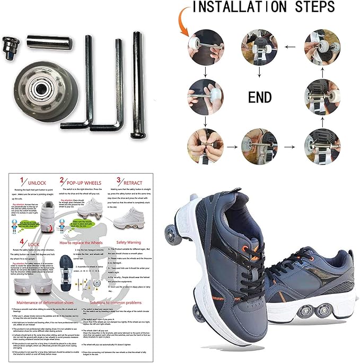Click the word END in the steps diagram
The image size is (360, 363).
tap(260, 97)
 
